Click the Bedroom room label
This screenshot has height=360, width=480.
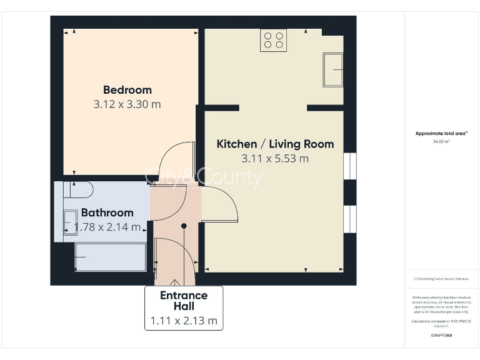[127, 89]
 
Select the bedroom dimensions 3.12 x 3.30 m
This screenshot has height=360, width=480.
[127, 104]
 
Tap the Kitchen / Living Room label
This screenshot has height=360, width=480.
[275, 144]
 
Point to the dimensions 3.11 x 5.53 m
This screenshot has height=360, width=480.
[275, 159]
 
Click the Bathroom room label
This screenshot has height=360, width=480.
[107, 212]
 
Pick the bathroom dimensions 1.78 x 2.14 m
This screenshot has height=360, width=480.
[107, 227]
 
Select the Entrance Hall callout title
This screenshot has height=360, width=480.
[184, 301]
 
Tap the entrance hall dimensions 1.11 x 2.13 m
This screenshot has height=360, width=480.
[184, 321]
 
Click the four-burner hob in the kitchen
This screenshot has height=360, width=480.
[274, 41]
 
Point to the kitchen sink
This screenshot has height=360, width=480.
[332, 69]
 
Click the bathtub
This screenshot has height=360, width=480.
[110, 257]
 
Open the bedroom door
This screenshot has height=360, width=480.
[173, 162]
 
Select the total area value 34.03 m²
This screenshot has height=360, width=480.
[441, 142]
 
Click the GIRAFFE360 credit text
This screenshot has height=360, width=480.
[441, 336]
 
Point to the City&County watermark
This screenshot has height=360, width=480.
[204, 179]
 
